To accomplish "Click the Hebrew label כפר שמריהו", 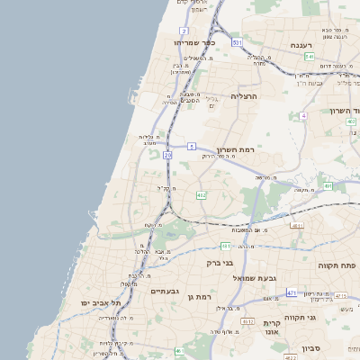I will (x=196, y=42).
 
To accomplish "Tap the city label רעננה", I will (x=301, y=45).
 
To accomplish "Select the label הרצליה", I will (x=244, y=95).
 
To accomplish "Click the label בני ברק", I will (x=220, y=263).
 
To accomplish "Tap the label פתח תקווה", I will (x=337, y=265).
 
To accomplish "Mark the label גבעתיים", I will (x=166, y=291).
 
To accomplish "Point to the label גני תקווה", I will (x=325, y=317).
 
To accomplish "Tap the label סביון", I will (x=312, y=347).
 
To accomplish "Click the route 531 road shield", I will (x=237, y=42).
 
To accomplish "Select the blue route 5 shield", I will (x=192, y=146).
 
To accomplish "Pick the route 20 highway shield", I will (x=167, y=155).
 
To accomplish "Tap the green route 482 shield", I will (x=202, y=194).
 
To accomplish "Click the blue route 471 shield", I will (x=292, y=293).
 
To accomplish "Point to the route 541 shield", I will (x=309, y=57).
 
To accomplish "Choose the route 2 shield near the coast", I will (x=184, y=31).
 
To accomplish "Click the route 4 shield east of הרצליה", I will (x=304, y=116).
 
